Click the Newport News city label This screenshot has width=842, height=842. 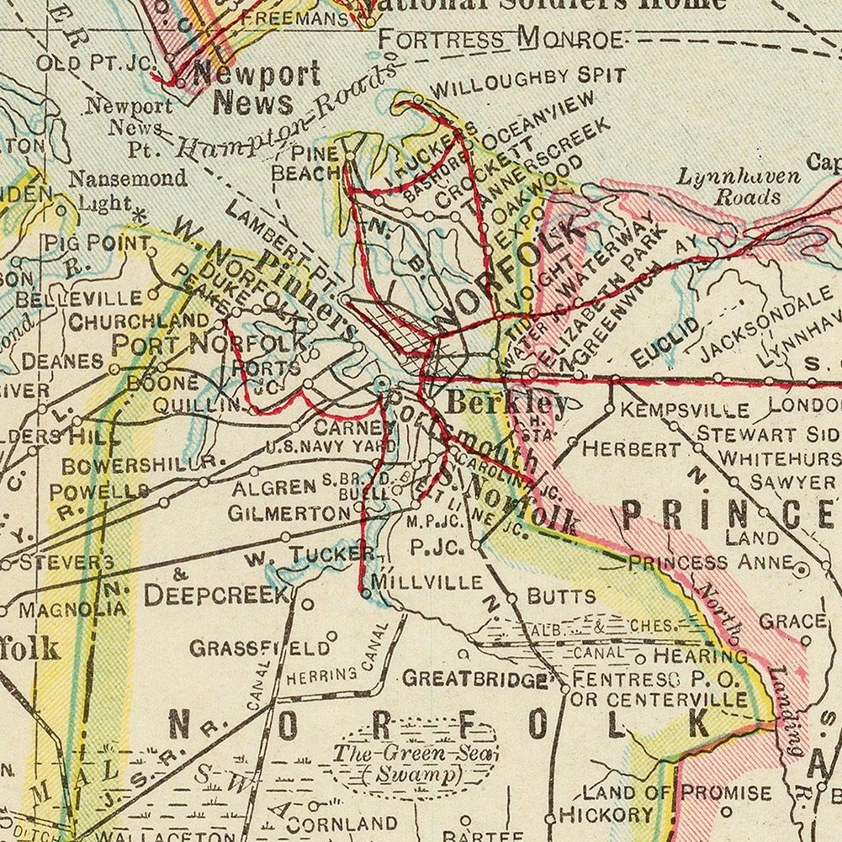[x=256, y=88]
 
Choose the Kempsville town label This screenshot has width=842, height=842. [x=685, y=410]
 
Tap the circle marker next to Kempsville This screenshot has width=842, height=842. [x=610, y=410]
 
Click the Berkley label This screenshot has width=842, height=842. [x=506, y=402]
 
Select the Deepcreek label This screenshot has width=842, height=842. [x=216, y=595]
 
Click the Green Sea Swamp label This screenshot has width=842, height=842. [x=413, y=762]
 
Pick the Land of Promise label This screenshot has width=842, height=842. [x=677, y=792]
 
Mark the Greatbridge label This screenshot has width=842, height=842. [x=475, y=678]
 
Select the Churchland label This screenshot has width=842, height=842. [x=139, y=321]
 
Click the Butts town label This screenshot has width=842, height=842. [x=561, y=597]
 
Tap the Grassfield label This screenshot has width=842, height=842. [x=259, y=649]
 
